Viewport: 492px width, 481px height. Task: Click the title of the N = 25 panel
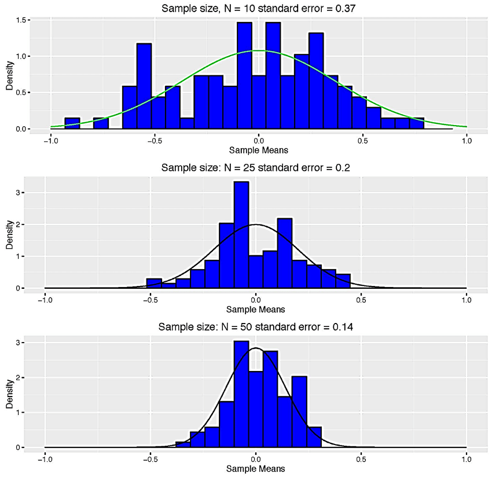(x=256, y=168)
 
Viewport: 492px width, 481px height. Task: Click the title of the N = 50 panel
(x=256, y=327)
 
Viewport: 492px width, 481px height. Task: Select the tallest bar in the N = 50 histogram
(x=241, y=394)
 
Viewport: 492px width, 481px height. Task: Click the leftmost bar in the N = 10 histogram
(x=72, y=123)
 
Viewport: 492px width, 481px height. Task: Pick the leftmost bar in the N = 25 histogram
(x=154, y=283)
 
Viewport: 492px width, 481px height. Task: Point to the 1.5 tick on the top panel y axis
(x=24, y=20)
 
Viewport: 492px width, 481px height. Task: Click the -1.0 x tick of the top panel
(x=51, y=139)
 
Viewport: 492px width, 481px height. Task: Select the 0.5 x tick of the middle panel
(x=361, y=299)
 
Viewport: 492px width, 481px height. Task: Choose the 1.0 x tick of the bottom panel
(x=467, y=458)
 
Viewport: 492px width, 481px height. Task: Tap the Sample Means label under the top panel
(x=259, y=150)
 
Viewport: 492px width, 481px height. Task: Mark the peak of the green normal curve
(x=259, y=51)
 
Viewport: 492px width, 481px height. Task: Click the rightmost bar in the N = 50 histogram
(x=314, y=437)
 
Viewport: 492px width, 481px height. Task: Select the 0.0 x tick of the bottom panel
(x=256, y=458)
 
